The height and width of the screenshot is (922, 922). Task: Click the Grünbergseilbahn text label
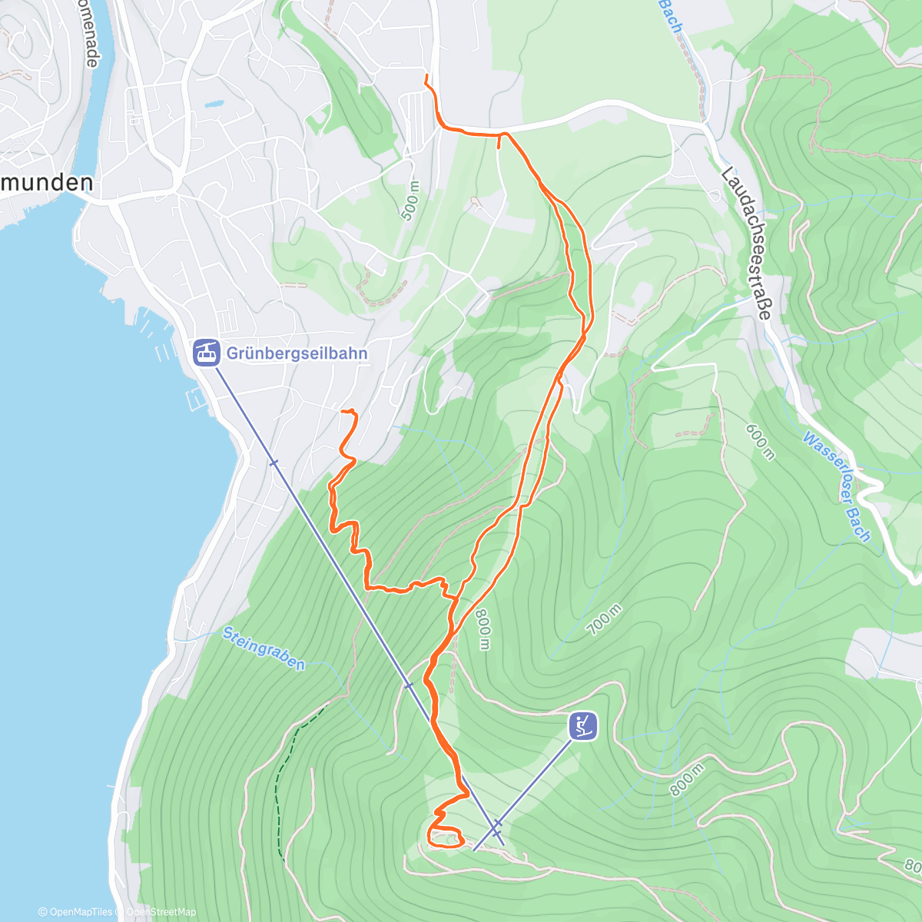pyautogui.click(x=297, y=353)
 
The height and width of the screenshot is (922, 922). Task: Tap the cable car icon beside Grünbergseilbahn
pyautogui.click(x=205, y=353)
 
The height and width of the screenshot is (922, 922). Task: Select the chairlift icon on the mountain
pyautogui.click(x=582, y=726)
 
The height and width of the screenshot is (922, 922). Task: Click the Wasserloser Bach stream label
pyautogui.click(x=837, y=486)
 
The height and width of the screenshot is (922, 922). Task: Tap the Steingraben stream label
pyautogui.click(x=264, y=648)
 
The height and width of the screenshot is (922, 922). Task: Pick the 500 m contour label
pyautogui.click(x=411, y=201)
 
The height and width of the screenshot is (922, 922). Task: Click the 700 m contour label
pyautogui.click(x=605, y=619)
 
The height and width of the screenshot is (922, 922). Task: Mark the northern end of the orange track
pyautogui.click(x=426, y=75)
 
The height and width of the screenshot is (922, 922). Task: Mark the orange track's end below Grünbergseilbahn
pyautogui.click(x=343, y=412)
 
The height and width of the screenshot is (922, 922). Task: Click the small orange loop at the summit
pyautogui.click(x=446, y=838)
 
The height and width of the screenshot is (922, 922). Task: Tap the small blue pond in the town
pyautogui.click(x=214, y=103)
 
